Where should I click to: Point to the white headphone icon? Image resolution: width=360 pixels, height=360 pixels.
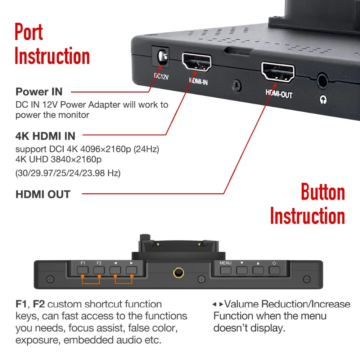(323, 99)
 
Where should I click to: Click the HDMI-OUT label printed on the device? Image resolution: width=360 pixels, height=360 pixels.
(279, 94)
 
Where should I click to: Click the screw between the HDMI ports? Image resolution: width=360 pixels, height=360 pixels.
(237, 85)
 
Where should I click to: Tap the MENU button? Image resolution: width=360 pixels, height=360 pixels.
(226, 270)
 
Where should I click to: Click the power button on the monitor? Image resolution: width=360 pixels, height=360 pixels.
(274, 270)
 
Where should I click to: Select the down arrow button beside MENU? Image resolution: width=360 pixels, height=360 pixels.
(242, 270)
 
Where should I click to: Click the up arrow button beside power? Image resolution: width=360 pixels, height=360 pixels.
(258, 270)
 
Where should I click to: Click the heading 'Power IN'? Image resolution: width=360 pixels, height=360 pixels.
(39, 92)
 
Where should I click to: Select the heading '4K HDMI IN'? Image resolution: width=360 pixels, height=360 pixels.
(45, 136)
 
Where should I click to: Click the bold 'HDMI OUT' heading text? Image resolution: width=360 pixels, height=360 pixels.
(43, 194)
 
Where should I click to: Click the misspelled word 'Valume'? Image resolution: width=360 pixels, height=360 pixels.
(242, 304)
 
